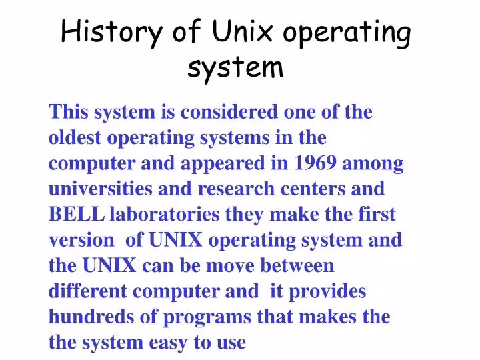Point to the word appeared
[x=207, y=164]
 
